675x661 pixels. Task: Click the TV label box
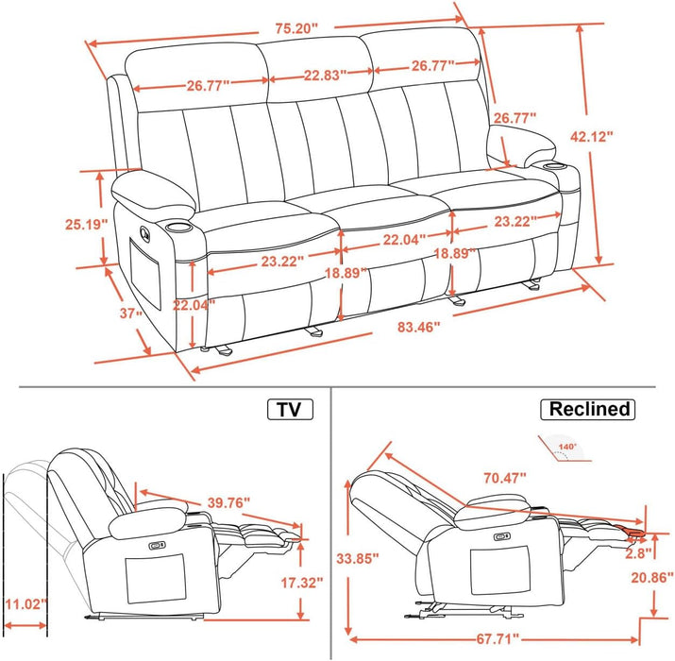(x=291, y=409)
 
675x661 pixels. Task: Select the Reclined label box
(x=586, y=409)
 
